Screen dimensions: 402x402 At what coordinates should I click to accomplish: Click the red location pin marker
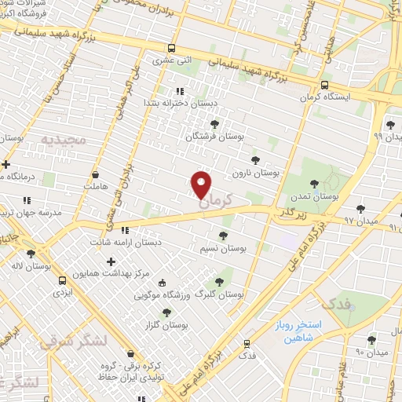pyautogui.click(x=202, y=185)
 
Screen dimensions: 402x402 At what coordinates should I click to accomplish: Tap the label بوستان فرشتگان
pyautogui.click(x=215, y=136)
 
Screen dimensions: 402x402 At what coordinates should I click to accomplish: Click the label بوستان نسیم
pyautogui.click(x=223, y=248)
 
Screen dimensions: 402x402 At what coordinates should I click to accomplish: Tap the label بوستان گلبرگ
pyautogui.click(x=219, y=294)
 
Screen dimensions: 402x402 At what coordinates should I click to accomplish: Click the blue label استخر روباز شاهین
pyautogui.click(x=294, y=330)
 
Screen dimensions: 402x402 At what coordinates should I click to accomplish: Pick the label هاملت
pyautogui.click(x=96, y=187)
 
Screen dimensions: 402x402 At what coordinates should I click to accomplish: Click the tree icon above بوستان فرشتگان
pyautogui.click(x=214, y=122)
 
